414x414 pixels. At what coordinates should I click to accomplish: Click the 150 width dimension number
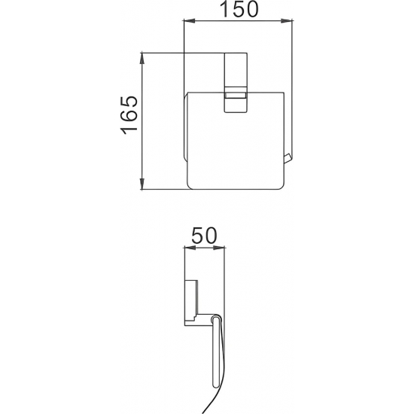coord(239,10)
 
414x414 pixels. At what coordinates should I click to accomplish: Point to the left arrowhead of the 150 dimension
coord(188,21)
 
